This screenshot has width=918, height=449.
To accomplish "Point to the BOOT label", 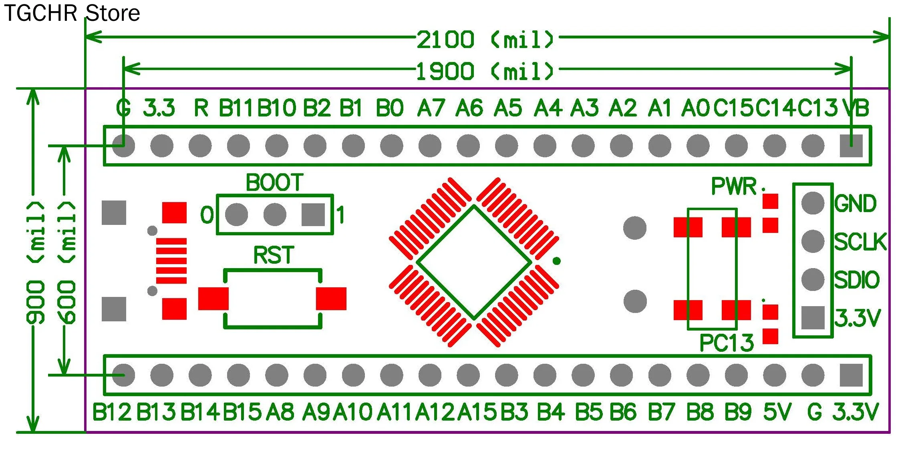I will tap(274, 183).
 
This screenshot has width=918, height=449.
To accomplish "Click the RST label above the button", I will tap(274, 255).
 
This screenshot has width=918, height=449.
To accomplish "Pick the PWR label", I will tap(734, 186).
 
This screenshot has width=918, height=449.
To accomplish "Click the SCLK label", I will tap(860, 242).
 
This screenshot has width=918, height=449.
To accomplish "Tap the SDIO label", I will tap(857, 280).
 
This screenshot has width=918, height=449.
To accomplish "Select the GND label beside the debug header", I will tap(856, 204).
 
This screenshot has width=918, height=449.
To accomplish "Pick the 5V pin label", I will tap(777, 412).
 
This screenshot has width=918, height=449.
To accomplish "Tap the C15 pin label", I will tap(734, 108).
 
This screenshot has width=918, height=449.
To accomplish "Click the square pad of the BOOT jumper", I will tap(313, 215).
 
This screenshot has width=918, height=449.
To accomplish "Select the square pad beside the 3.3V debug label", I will tap(813, 318).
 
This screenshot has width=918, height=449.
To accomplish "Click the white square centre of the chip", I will tap(474, 263).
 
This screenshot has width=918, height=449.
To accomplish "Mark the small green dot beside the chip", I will tap(556, 261).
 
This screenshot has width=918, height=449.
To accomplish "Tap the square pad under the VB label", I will tap(851, 146).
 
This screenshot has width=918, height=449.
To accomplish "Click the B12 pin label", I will tap(112, 412).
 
